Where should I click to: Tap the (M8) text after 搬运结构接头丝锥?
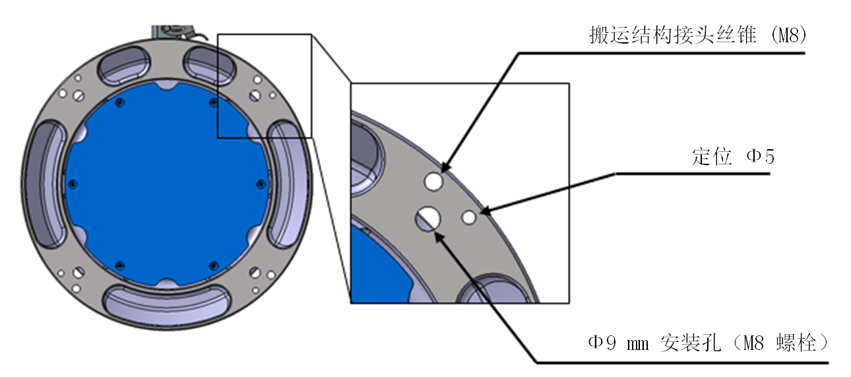(x=788, y=36)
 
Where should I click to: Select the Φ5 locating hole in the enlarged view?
(x=470, y=217)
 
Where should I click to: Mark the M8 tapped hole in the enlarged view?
(x=433, y=180)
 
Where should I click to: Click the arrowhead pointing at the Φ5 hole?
(x=484, y=211)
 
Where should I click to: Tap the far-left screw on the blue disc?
(x=72, y=183)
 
